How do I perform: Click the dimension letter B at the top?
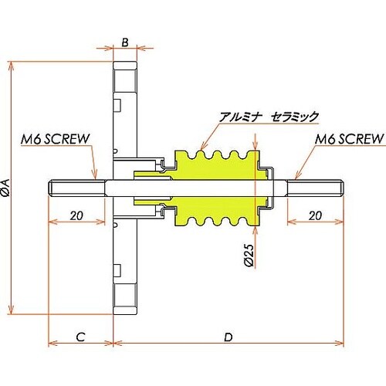(x=125, y=42)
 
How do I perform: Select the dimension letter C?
(x=81, y=337)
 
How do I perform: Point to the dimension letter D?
(x=229, y=337)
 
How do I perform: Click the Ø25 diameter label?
(x=249, y=256)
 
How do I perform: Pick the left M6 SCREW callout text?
(x=55, y=139)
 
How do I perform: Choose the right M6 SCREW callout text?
(x=349, y=139)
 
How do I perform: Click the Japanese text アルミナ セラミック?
(x=269, y=117)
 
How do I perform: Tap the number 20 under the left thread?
(x=76, y=215)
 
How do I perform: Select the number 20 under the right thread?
(x=315, y=215)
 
